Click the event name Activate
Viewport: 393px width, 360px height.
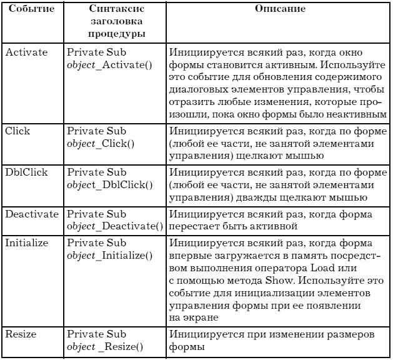(26, 52)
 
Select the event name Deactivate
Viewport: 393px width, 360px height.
(32, 214)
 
